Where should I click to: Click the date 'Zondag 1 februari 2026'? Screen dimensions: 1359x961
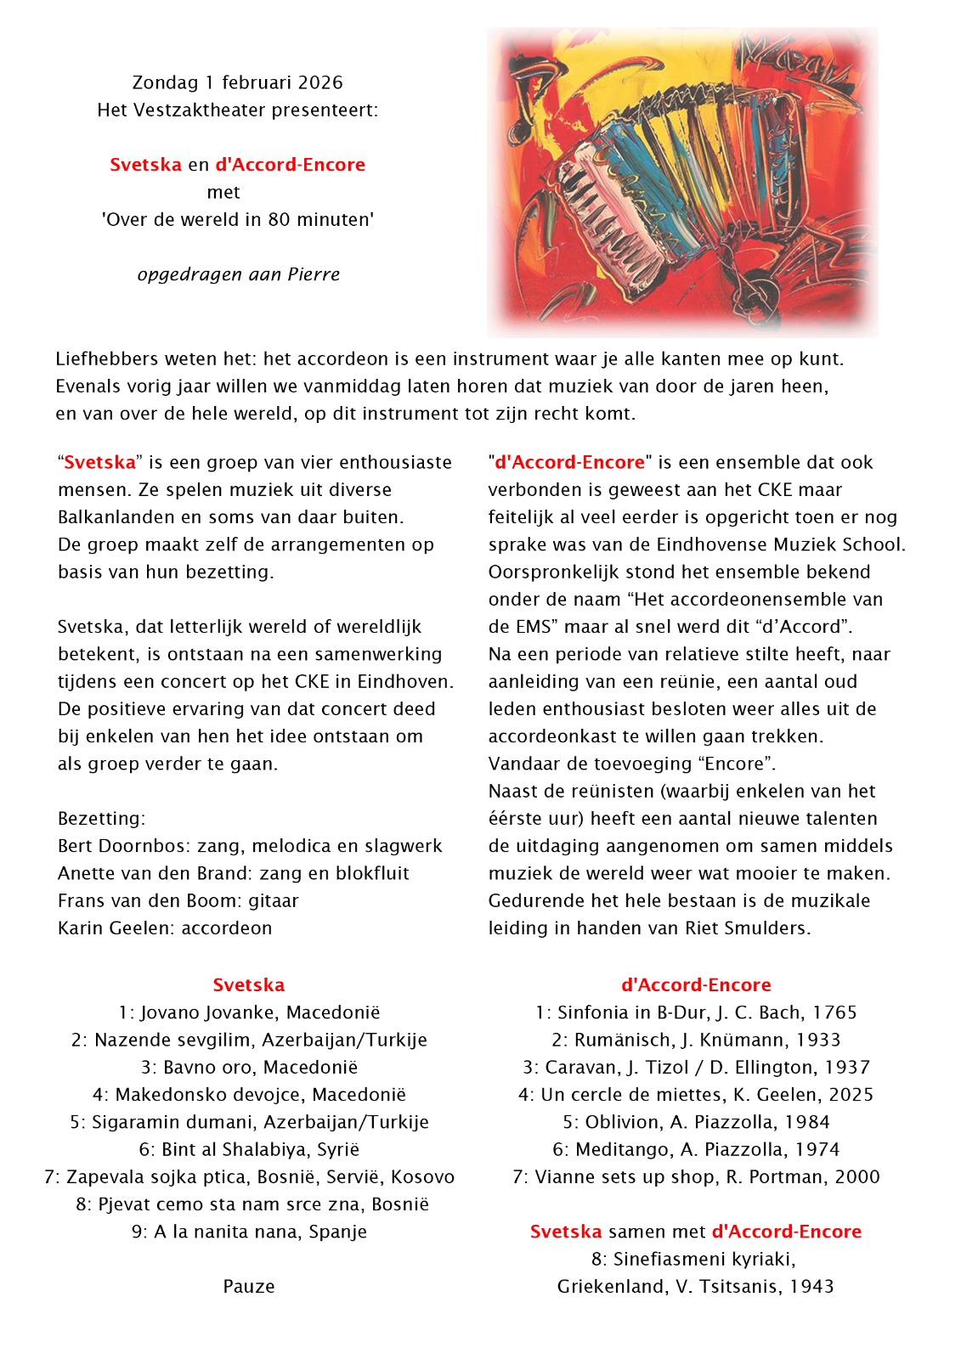click(x=238, y=82)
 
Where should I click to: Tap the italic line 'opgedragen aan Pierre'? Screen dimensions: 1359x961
click(x=238, y=274)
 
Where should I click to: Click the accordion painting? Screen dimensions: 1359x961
click(x=682, y=182)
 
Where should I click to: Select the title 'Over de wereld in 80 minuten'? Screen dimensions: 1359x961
click(x=238, y=220)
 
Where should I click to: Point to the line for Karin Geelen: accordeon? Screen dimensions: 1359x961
click(x=165, y=928)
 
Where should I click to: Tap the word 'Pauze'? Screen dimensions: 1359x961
click(x=249, y=1287)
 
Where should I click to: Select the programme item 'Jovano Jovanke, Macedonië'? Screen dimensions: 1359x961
click(x=249, y=1012)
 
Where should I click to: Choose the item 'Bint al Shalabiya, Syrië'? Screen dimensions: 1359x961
click(x=249, y=1150)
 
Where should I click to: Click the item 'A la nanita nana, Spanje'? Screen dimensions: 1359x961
click(x=249, y=1232)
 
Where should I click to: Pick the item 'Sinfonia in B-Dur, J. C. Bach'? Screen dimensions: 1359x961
click(x=696, y=1012)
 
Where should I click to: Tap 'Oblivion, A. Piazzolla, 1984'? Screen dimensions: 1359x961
click(x=696, y=1122)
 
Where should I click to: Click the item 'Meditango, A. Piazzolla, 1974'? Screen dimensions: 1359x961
click(x=696, y=1150)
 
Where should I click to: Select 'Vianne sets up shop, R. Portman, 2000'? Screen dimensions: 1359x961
click(x=696, y=1177)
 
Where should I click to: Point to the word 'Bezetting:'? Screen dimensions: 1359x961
click(x=102, y=819)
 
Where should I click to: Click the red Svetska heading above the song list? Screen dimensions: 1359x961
click(x=249, y=985)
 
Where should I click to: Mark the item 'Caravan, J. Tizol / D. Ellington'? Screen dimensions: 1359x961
click(x=696, y=1068)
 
